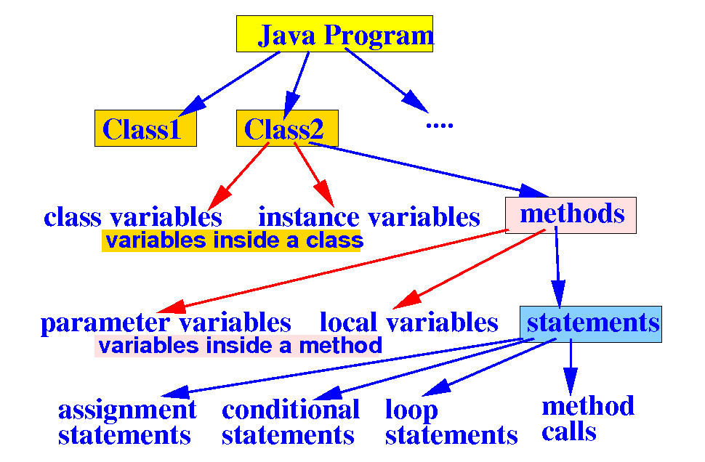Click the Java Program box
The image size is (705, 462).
tap(334, 34)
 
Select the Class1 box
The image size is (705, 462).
tap(145, 129)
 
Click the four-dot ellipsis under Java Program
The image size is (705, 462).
tap(439, 125)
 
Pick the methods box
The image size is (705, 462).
tap(571, 214)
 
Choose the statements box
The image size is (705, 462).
tap(591, 323)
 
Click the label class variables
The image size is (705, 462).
tap(132, 216)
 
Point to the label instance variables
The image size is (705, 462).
tap(369, 216)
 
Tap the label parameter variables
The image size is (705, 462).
tap(166, 323)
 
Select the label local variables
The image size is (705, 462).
tap(409, 323)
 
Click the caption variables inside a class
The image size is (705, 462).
tap(233, 240)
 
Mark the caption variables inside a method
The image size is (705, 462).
tap(240, 346)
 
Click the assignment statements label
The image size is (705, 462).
tap(126, 422)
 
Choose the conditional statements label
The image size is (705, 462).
tap(290, 422)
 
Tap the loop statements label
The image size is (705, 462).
tap(451, 422)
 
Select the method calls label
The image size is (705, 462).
tap(587, 418)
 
